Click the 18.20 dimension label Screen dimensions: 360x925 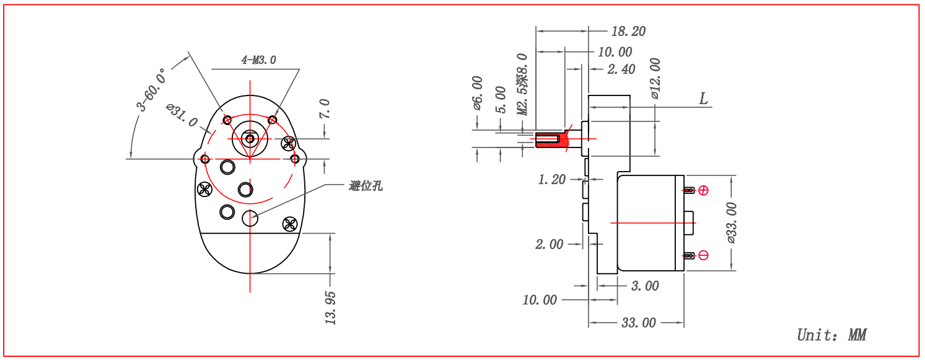[x=628, y=32]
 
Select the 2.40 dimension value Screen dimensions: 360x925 [x=621, y=69]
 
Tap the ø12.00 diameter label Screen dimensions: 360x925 [x=655, y=79]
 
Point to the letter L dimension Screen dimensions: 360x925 [x=703, y=99]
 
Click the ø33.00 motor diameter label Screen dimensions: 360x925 [x=730, y=222]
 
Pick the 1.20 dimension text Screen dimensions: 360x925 [x=551, y=180]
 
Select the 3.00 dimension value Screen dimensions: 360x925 [x=644, y=286]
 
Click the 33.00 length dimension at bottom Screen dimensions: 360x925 [x=638, y=323]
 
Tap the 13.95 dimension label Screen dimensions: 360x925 [x=330, y=307]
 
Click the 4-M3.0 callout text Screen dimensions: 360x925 [x=258, y=60]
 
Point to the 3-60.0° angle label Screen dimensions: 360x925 [x=152, y=90]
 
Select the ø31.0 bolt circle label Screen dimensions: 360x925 [x=182, y=115]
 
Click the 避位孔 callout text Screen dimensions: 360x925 [x=366, y=185]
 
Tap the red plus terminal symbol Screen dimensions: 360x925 [x=703, y=190]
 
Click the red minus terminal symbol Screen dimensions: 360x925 [x=703, y=255]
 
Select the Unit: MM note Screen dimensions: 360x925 [x=831, y=335]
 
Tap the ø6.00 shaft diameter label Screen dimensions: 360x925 [x=477, y=93]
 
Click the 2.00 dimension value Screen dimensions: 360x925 [x=549, y=245]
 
